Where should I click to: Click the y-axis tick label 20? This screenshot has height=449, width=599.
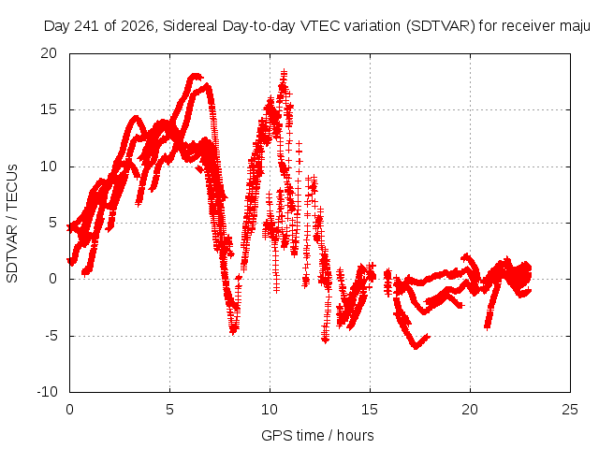click(x=49, y=53)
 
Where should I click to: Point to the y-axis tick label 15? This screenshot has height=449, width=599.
click(x=49, y=109)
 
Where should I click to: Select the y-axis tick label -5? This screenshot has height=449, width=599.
click(x=51, y=336)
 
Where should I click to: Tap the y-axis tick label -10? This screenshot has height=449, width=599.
click(x=47, y=392)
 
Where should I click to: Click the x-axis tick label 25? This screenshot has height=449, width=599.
click(x=570, y=410)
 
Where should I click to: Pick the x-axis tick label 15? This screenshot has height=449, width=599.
click(x=370, y=410)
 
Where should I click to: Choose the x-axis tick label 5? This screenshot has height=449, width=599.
click(x=169, y=410)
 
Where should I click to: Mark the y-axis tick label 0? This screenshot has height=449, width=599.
click(x=52, y=279)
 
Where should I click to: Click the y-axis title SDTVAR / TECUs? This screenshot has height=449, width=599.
click(x=12, y=224)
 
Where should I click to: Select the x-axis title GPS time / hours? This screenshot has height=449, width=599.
click(x=317, y=435)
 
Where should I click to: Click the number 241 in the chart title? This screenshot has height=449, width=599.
click(x=87, y=26)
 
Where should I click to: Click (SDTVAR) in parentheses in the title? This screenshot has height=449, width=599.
click(x=441, y=26)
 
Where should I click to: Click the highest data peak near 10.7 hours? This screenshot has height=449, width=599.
click(x=284, y=72)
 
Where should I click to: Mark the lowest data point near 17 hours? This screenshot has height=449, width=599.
click(x=416, y=347)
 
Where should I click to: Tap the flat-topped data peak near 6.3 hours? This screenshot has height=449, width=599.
click(x=196, y=77)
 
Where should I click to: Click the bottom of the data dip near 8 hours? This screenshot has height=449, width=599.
click(x=233, y=331)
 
